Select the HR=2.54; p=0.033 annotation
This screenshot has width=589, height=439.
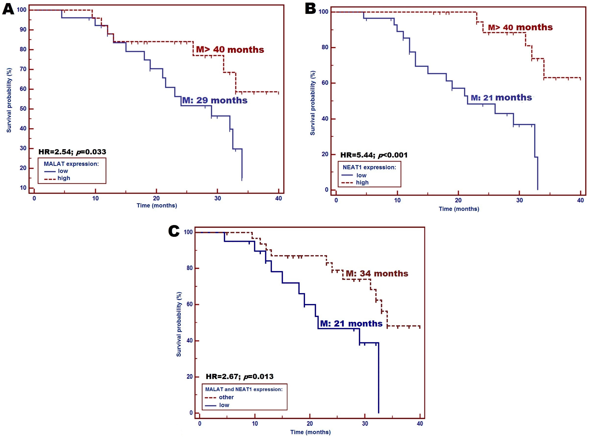pos(72,152)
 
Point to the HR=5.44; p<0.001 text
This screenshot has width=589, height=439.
pos(374,155)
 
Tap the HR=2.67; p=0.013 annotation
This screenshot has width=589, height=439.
pos(239,377)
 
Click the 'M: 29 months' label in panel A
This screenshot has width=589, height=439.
pos(215,100)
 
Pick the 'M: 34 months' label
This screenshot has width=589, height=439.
pos(377,273)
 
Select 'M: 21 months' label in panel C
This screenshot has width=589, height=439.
pos(351,324)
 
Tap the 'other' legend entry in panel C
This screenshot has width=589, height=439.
pos(226,397)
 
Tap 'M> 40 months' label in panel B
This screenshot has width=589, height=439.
pos(520,27)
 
